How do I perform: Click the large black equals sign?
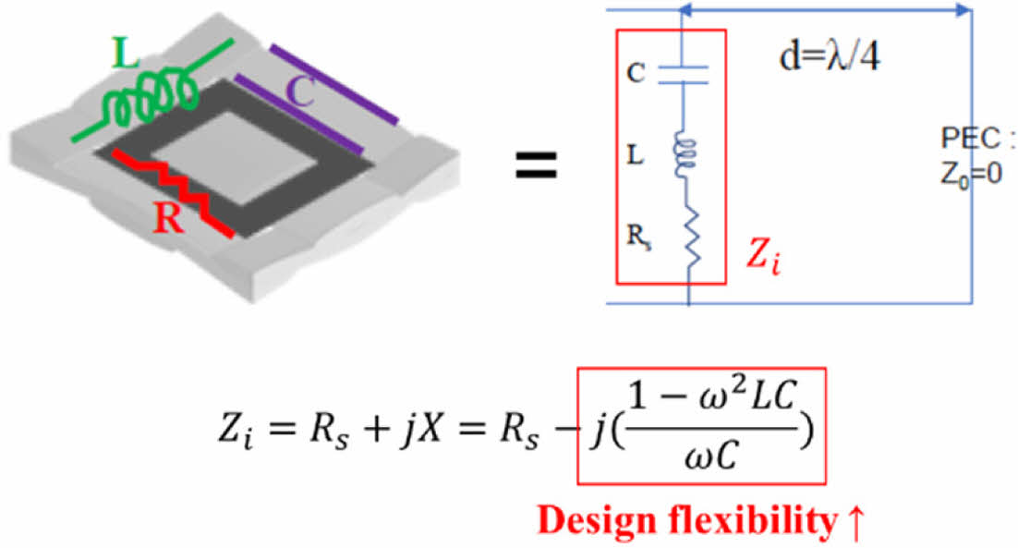(535, 167)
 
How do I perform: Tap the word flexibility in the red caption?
(745, 521)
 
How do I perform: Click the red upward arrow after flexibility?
(854, 521)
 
